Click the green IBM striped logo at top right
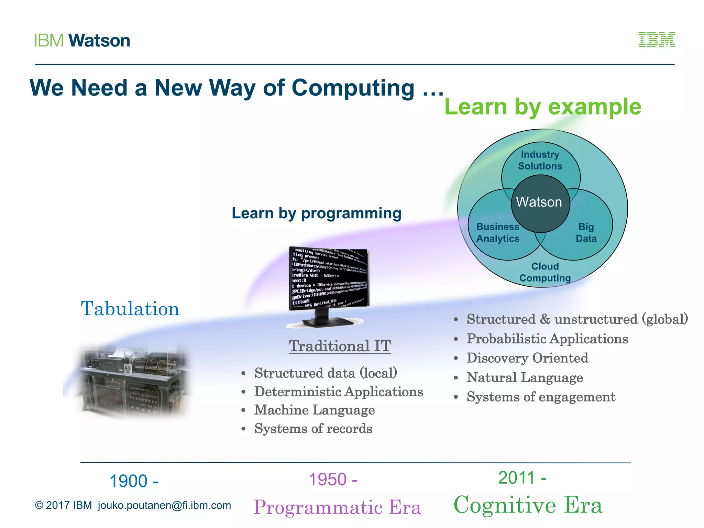pyautogui.click(x=656, y=40)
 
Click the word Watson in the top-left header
pyautogui.click(x=99, y=41)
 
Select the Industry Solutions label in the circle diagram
pyautogui.click(x=540, y=160)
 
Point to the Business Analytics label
pyautogui.click(x=497, y=233)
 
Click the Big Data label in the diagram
pyautogui.click(x=586, y=233)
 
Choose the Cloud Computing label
pyautogui.click(x=545, y=272)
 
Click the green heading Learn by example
pyautogui.click(x=543, y=107)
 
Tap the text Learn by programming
pyautogui.click(x=316, y=213)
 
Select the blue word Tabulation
pyautogui.click(x=130, y=308)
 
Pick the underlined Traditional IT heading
pyautogui.click(x=340, y=346)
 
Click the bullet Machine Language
pyautogui.click(x=314, y=410)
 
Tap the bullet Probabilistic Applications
pyautogui.click(x=547, y=339)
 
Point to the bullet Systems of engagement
pyautogui.click(x=541, y=397)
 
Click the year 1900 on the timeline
pyautogui.click(x=134, y=481)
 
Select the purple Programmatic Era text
pyautogui.click(x=337, y=507)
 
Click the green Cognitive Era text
pyautogui.click(x=528, y=505)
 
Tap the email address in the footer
pyautogui.click(x=164, y=505)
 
